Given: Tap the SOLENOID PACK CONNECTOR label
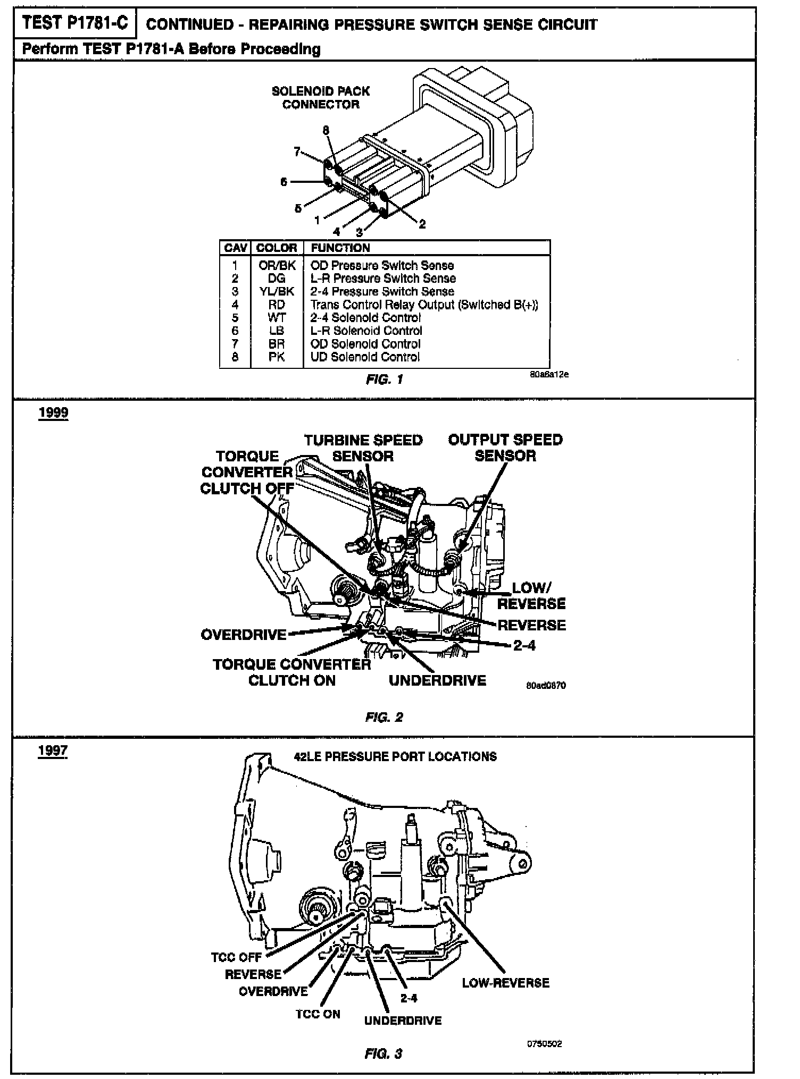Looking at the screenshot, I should coord(321,98).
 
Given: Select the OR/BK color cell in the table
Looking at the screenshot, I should coord(276,265).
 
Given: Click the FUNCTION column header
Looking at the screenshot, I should coord(340,248).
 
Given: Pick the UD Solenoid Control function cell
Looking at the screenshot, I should coord(365,357).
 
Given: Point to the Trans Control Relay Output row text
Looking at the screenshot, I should coord(424,305).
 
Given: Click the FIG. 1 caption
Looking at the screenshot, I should coord(385,380).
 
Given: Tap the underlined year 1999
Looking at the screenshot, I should coord(53,414).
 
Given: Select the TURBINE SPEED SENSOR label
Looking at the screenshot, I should coord(363,448).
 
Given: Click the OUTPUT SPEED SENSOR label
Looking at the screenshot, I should coord(505,448).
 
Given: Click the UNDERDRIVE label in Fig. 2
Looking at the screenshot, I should coord(437,681).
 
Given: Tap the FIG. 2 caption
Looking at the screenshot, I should coord(384,717).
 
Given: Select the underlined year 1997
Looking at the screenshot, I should coord(53,751).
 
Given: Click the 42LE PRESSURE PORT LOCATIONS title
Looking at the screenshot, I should coord(395,756).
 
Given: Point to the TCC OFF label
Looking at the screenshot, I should coord(236,957).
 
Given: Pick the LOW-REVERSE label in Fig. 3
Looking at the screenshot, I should coord(505,983).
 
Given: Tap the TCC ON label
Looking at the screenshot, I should coord(318,1014).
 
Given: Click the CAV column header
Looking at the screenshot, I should coord(235,248).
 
